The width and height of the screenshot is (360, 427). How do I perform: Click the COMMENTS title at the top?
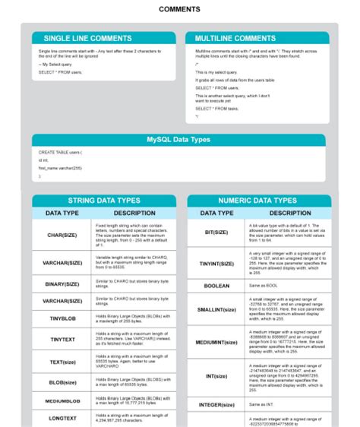180,10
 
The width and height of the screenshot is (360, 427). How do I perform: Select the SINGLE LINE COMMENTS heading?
87,38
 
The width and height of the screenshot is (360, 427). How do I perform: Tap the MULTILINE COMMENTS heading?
235,38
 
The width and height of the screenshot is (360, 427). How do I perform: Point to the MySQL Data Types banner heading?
178,140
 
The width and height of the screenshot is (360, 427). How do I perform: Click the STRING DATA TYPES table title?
104,201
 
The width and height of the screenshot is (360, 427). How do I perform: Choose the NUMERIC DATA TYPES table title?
257,201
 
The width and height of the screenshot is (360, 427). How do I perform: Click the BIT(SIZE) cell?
216,232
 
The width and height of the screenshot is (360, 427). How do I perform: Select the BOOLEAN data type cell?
216,286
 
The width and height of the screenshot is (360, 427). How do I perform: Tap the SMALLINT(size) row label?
216,309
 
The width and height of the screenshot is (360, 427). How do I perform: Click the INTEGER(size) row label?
216,405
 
